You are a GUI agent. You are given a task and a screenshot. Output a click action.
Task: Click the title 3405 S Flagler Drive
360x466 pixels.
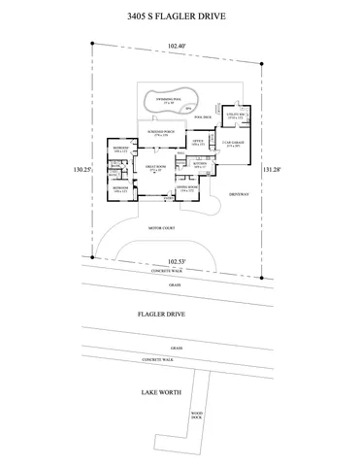(x=180, y=17)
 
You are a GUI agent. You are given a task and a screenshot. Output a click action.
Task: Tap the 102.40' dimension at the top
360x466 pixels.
(x=176, y=46)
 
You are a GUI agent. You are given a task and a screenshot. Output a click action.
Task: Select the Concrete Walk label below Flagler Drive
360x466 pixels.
(x=157, y=359)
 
